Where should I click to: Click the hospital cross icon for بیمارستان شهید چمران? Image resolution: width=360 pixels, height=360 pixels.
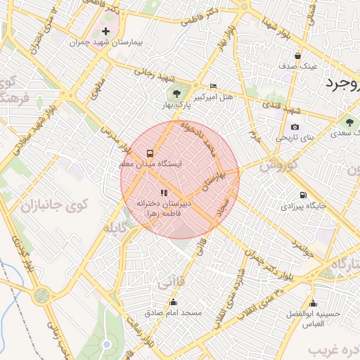(105, 32)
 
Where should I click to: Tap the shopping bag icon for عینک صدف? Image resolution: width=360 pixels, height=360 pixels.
(298, 56)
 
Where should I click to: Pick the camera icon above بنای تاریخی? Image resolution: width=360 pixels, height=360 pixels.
(295, 127)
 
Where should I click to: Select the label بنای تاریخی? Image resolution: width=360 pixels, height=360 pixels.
(292, 138)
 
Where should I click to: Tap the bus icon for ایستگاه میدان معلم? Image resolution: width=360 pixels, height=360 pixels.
(150, 153)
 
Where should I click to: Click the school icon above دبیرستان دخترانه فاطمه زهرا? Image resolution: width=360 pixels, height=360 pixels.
(164, 192)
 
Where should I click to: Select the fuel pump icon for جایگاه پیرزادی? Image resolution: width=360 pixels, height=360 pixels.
(303, 195)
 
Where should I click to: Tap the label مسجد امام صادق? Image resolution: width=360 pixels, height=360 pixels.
(173, 311)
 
